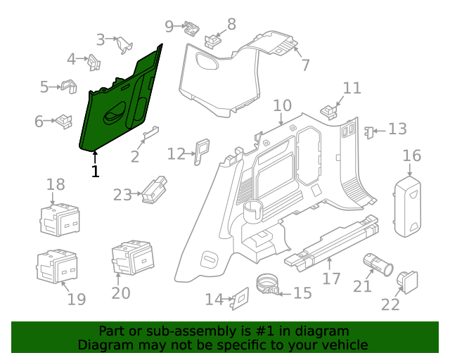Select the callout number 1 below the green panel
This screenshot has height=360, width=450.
pos(95,171)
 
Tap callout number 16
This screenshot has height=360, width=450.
pos(412,155)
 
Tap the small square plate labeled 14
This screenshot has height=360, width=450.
pos(239,298)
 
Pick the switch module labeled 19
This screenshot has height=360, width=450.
pos(58,266)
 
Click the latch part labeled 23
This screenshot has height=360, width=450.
pos(154,189)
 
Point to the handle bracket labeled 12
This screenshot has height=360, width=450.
pos(202,150)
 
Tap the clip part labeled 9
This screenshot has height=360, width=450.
pos(191,28)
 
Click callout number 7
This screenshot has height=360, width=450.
pos(305,65)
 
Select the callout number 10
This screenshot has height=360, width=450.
pos(282,105)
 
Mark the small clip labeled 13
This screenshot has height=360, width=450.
pos(368,130)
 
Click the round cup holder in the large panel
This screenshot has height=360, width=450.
pos(252,210)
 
